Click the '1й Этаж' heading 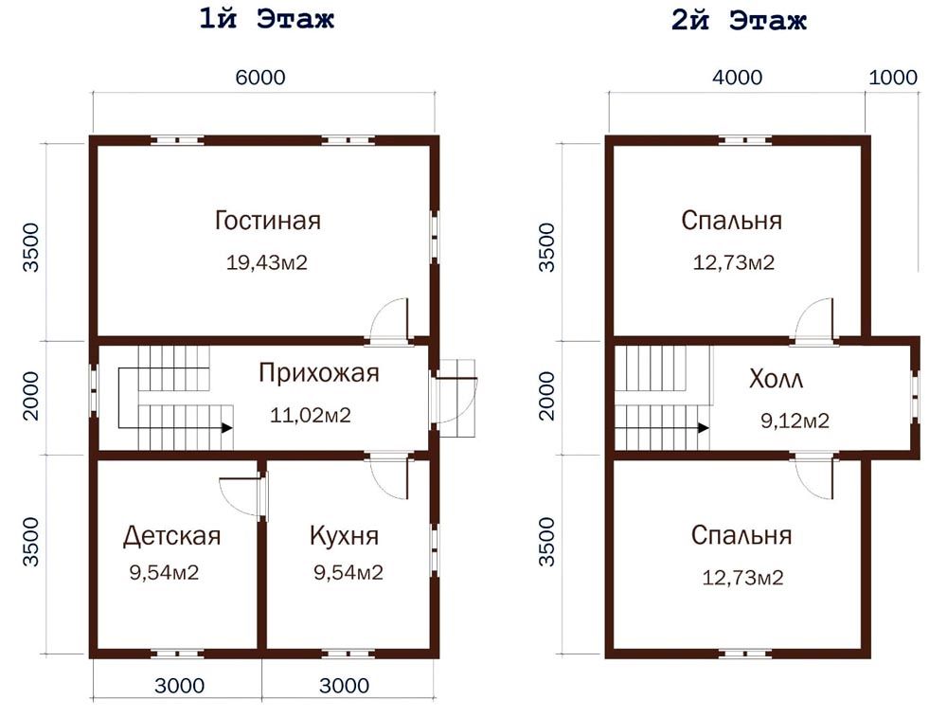tap(266, 19)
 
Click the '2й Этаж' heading tap(739, 20)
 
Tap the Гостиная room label tap(268, 221)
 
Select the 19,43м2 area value tap(267, 262)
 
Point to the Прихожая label tap(319, 373)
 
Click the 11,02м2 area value tap(311, 416)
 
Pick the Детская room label tap(172, 536)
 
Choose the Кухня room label tap(345, 536)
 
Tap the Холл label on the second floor tap(777, 380)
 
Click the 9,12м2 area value tap(795, 421)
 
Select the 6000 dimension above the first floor tap(260, 78)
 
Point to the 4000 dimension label tap(738, 78)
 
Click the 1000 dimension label tap(893, 78)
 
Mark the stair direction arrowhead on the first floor tap(227, 428)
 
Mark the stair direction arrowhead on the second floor tap(704, 428)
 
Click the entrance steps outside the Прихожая tap(457, 398)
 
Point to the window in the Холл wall tap(916, 396)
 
